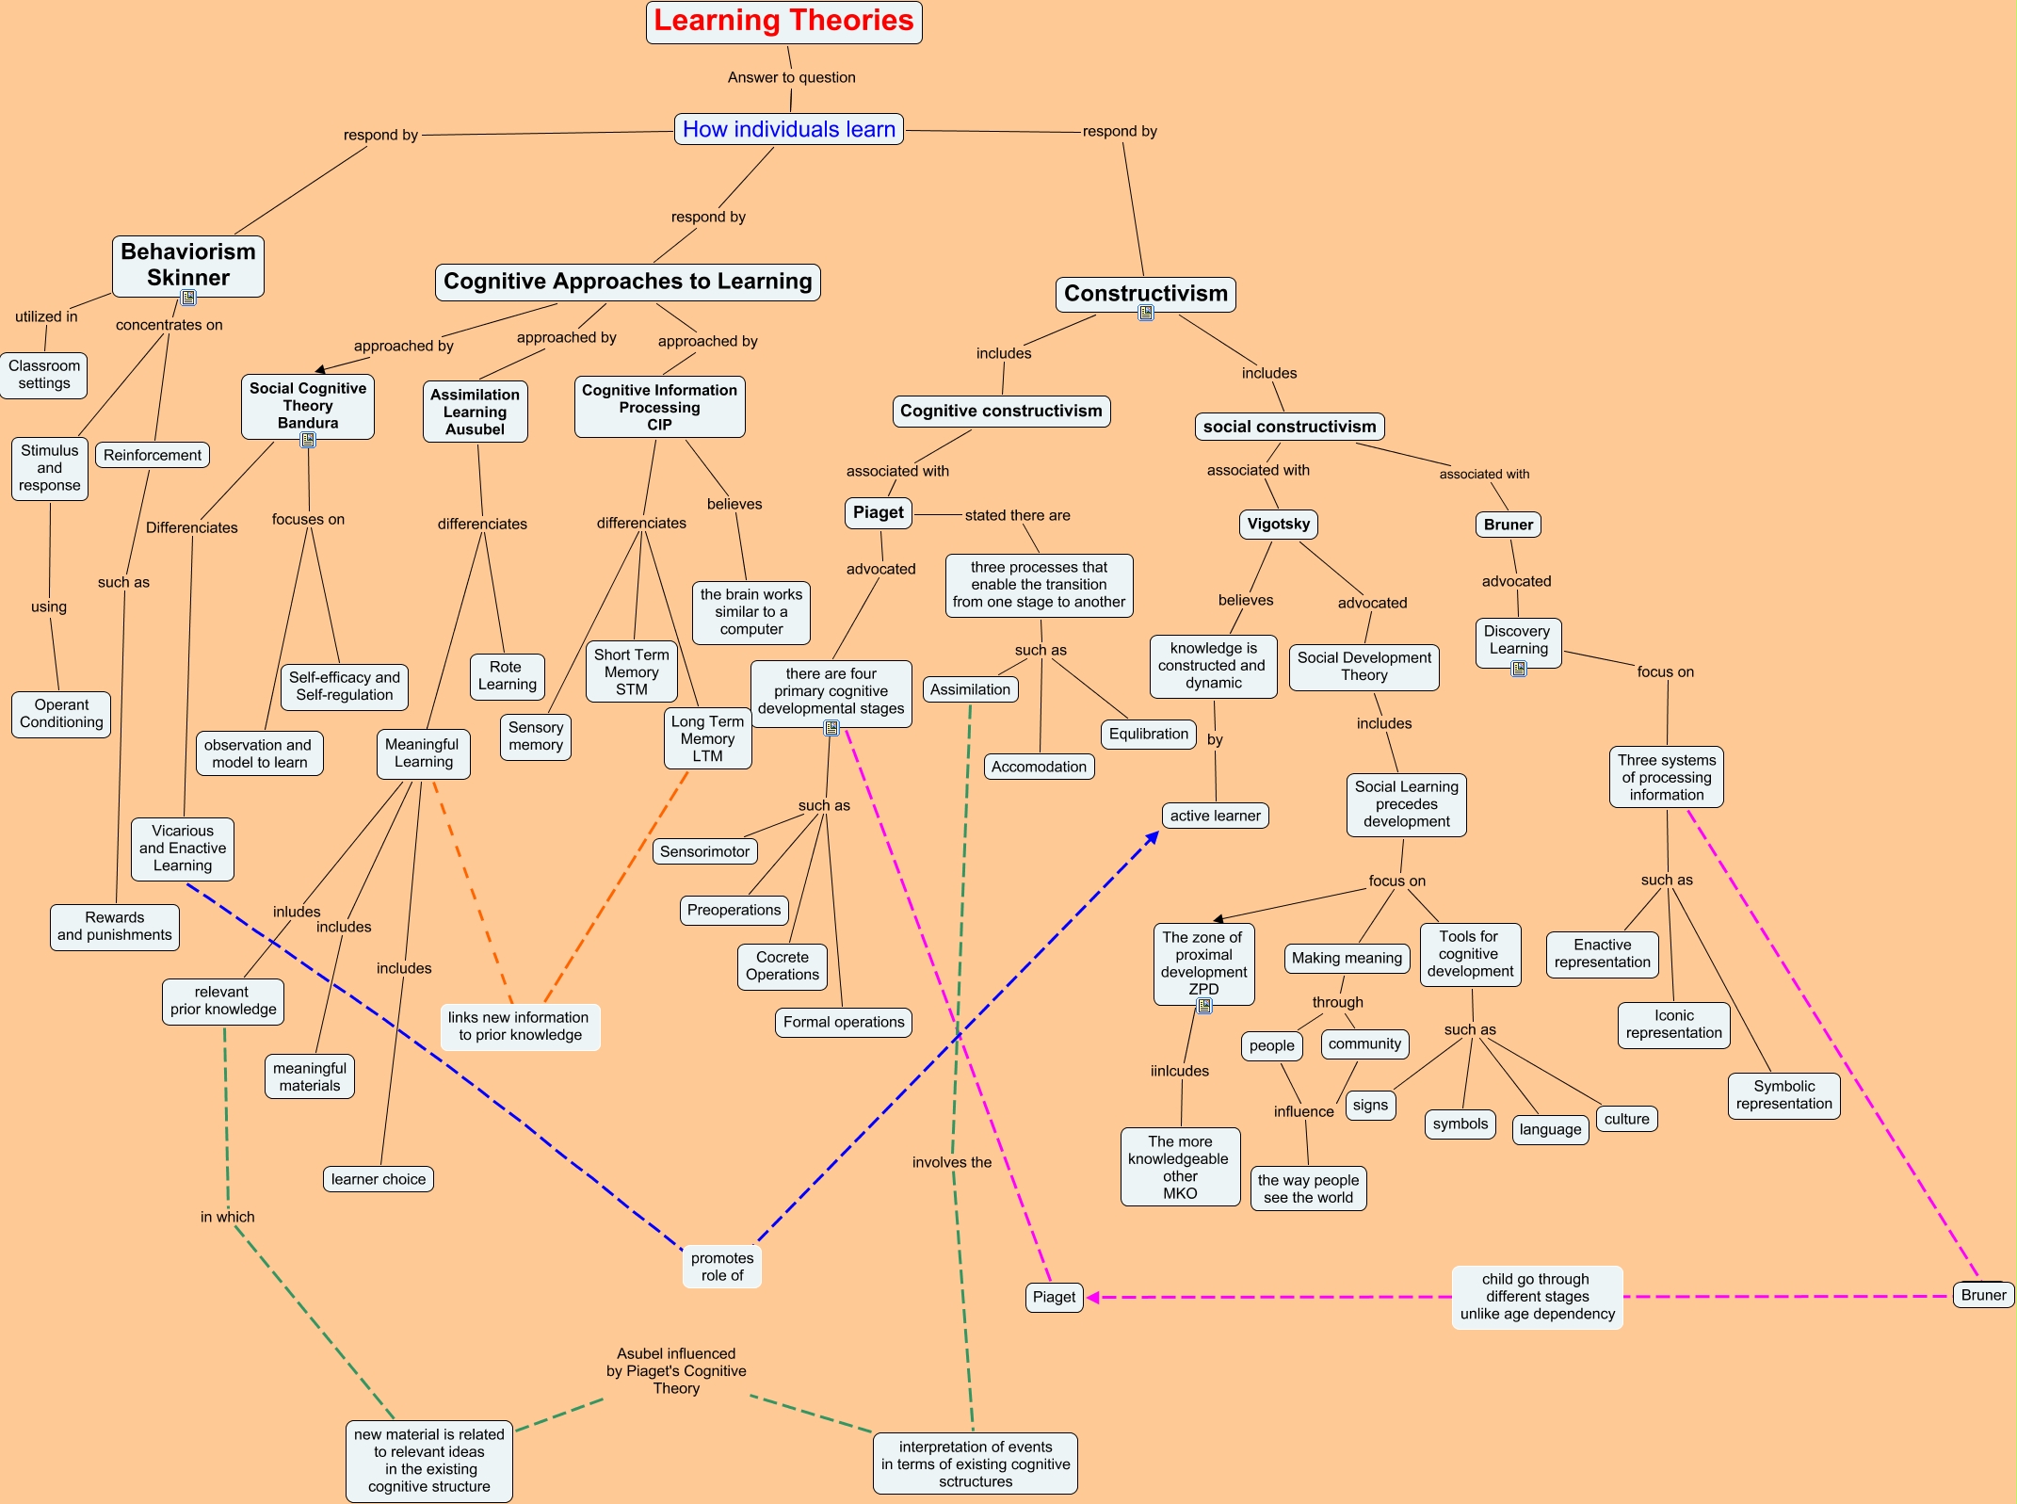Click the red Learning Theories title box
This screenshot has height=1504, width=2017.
coord(783,22)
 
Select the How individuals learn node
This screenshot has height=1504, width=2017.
coord(788,129)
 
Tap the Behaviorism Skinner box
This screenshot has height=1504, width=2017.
coord(188,265)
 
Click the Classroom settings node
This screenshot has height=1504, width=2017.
coord(44,375)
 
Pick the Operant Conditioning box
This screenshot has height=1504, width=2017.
coord(61,714)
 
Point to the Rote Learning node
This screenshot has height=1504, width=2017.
coord(507,676)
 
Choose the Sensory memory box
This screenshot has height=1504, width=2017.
coord(536,736)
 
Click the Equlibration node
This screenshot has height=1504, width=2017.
coord(1148,734)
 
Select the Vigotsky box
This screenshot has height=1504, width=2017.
coord(1278,524)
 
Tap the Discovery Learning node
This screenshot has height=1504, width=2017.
coord(1517,640)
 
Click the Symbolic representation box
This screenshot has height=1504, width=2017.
coord(1783,1095)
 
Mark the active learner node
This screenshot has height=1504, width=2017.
coord(1215,816)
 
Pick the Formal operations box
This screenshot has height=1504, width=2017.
coord(843,1022)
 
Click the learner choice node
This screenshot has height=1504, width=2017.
coord(378,1179)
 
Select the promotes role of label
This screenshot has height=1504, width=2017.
coord(721,1267)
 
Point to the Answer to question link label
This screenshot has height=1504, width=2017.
coord(791,77)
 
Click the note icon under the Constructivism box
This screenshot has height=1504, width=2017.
coord(1146,314)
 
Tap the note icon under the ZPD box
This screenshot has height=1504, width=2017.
coord(1204,1006)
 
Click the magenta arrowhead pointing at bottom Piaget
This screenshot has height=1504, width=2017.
coord(1092,1298)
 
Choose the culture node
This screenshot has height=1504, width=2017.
coord(1626,1119)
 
